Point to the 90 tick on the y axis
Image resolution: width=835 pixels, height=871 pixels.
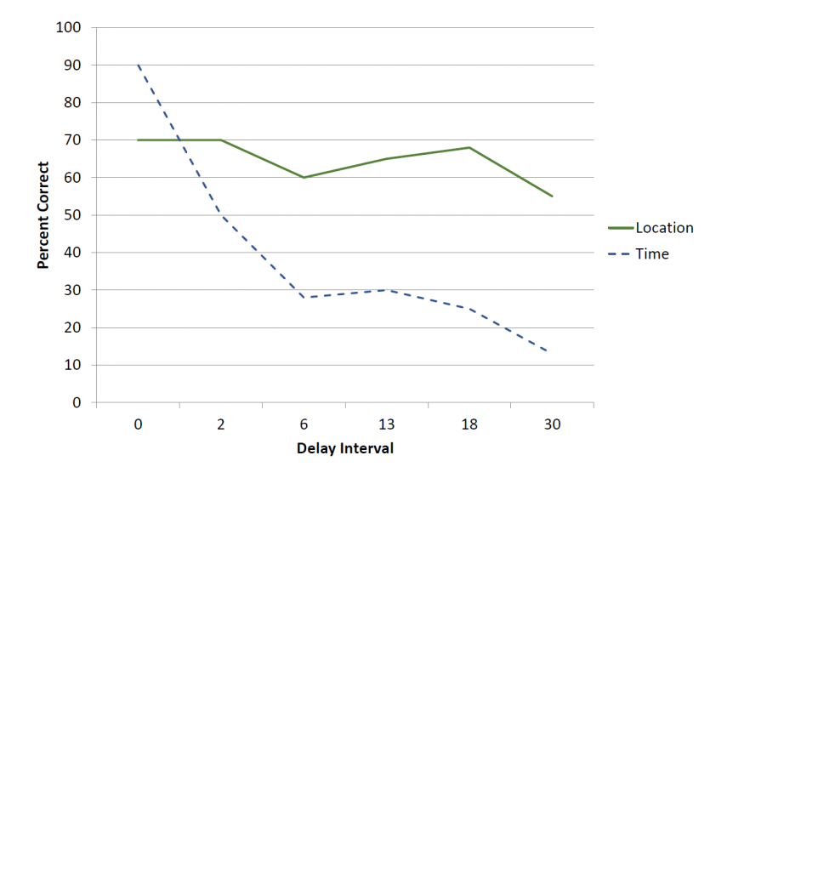tap(73, 65)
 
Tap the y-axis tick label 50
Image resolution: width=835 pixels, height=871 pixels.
tap(73, 215)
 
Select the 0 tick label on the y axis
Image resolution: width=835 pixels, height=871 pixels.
tap(77, 402)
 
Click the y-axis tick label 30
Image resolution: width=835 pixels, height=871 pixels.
tap(73, 290)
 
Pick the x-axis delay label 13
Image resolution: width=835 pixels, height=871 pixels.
tap(386, 424)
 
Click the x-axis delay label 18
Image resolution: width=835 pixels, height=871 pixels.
tap(469, 424)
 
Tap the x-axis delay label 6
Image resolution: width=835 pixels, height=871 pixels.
tap(304, 424)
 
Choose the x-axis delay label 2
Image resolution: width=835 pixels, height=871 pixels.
tap(220, 424)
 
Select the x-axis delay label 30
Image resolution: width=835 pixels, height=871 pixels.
tap(552, 424)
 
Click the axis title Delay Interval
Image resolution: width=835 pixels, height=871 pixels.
tap(344, 448)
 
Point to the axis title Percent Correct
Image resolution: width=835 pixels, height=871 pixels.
tap(43, 215)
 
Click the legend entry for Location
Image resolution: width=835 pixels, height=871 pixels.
tap(664, 228)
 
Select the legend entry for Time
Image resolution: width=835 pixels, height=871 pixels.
tap(651, 253)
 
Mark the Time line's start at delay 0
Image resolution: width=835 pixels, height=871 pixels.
tap(138, 65)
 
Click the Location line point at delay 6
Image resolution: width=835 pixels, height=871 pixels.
tap(304, 178)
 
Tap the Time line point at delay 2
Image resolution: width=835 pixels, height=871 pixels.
tap(220, 215)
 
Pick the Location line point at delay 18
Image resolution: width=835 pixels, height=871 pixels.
tap(469, 147)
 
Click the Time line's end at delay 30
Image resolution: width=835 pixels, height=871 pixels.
tap(548, 352)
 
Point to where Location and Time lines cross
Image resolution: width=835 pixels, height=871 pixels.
tap(179, 139)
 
